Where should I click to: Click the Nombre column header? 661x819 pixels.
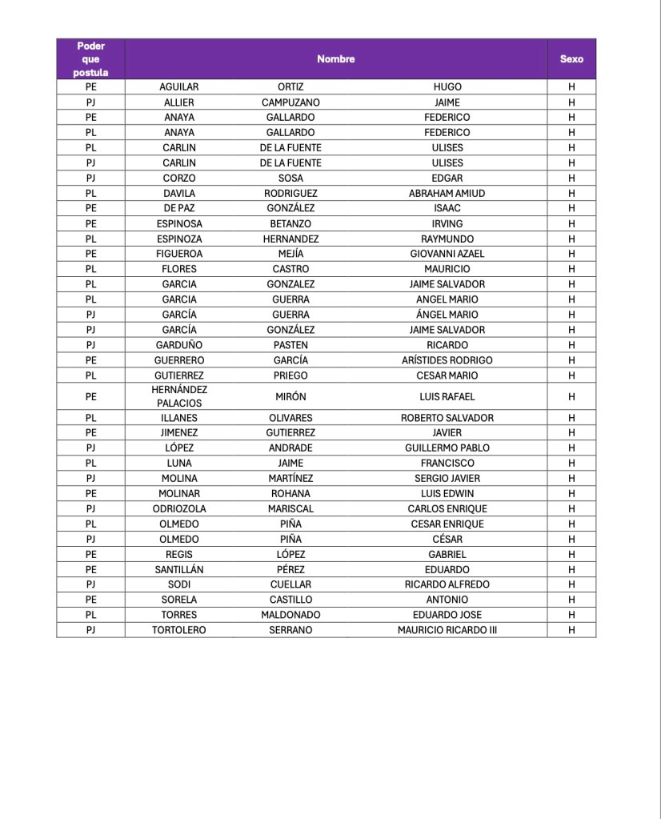click(335, 58)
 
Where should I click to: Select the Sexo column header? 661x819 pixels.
click(571, 58)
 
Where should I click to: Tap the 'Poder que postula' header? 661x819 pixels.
click(90, 58)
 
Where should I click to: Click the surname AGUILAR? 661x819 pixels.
click(179, 86)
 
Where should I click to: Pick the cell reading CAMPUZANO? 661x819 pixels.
click(290, 102)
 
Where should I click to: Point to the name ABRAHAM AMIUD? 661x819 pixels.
click(447, 193)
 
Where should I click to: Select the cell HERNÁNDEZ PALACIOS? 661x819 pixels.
click(179, 396)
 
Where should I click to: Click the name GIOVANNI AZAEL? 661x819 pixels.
click(447, 254)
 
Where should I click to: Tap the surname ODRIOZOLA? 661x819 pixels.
click(179, 508)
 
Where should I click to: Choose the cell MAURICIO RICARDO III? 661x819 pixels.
click(447, 630)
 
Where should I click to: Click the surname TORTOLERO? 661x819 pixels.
click(179, 630)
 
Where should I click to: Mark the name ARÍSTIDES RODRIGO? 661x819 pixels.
click(447, 360)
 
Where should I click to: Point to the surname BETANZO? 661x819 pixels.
click(290, 223)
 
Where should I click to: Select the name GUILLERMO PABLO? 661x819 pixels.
click(447, 448)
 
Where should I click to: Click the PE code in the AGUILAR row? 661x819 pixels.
click(90, 86)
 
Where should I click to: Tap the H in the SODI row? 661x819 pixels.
click(571, 584)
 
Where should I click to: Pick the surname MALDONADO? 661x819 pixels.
click(290, 615)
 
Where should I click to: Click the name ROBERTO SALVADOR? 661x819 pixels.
click(447, 417)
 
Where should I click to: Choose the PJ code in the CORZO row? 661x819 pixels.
click(90, 178)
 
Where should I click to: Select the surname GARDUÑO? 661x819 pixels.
click(179, 345)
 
